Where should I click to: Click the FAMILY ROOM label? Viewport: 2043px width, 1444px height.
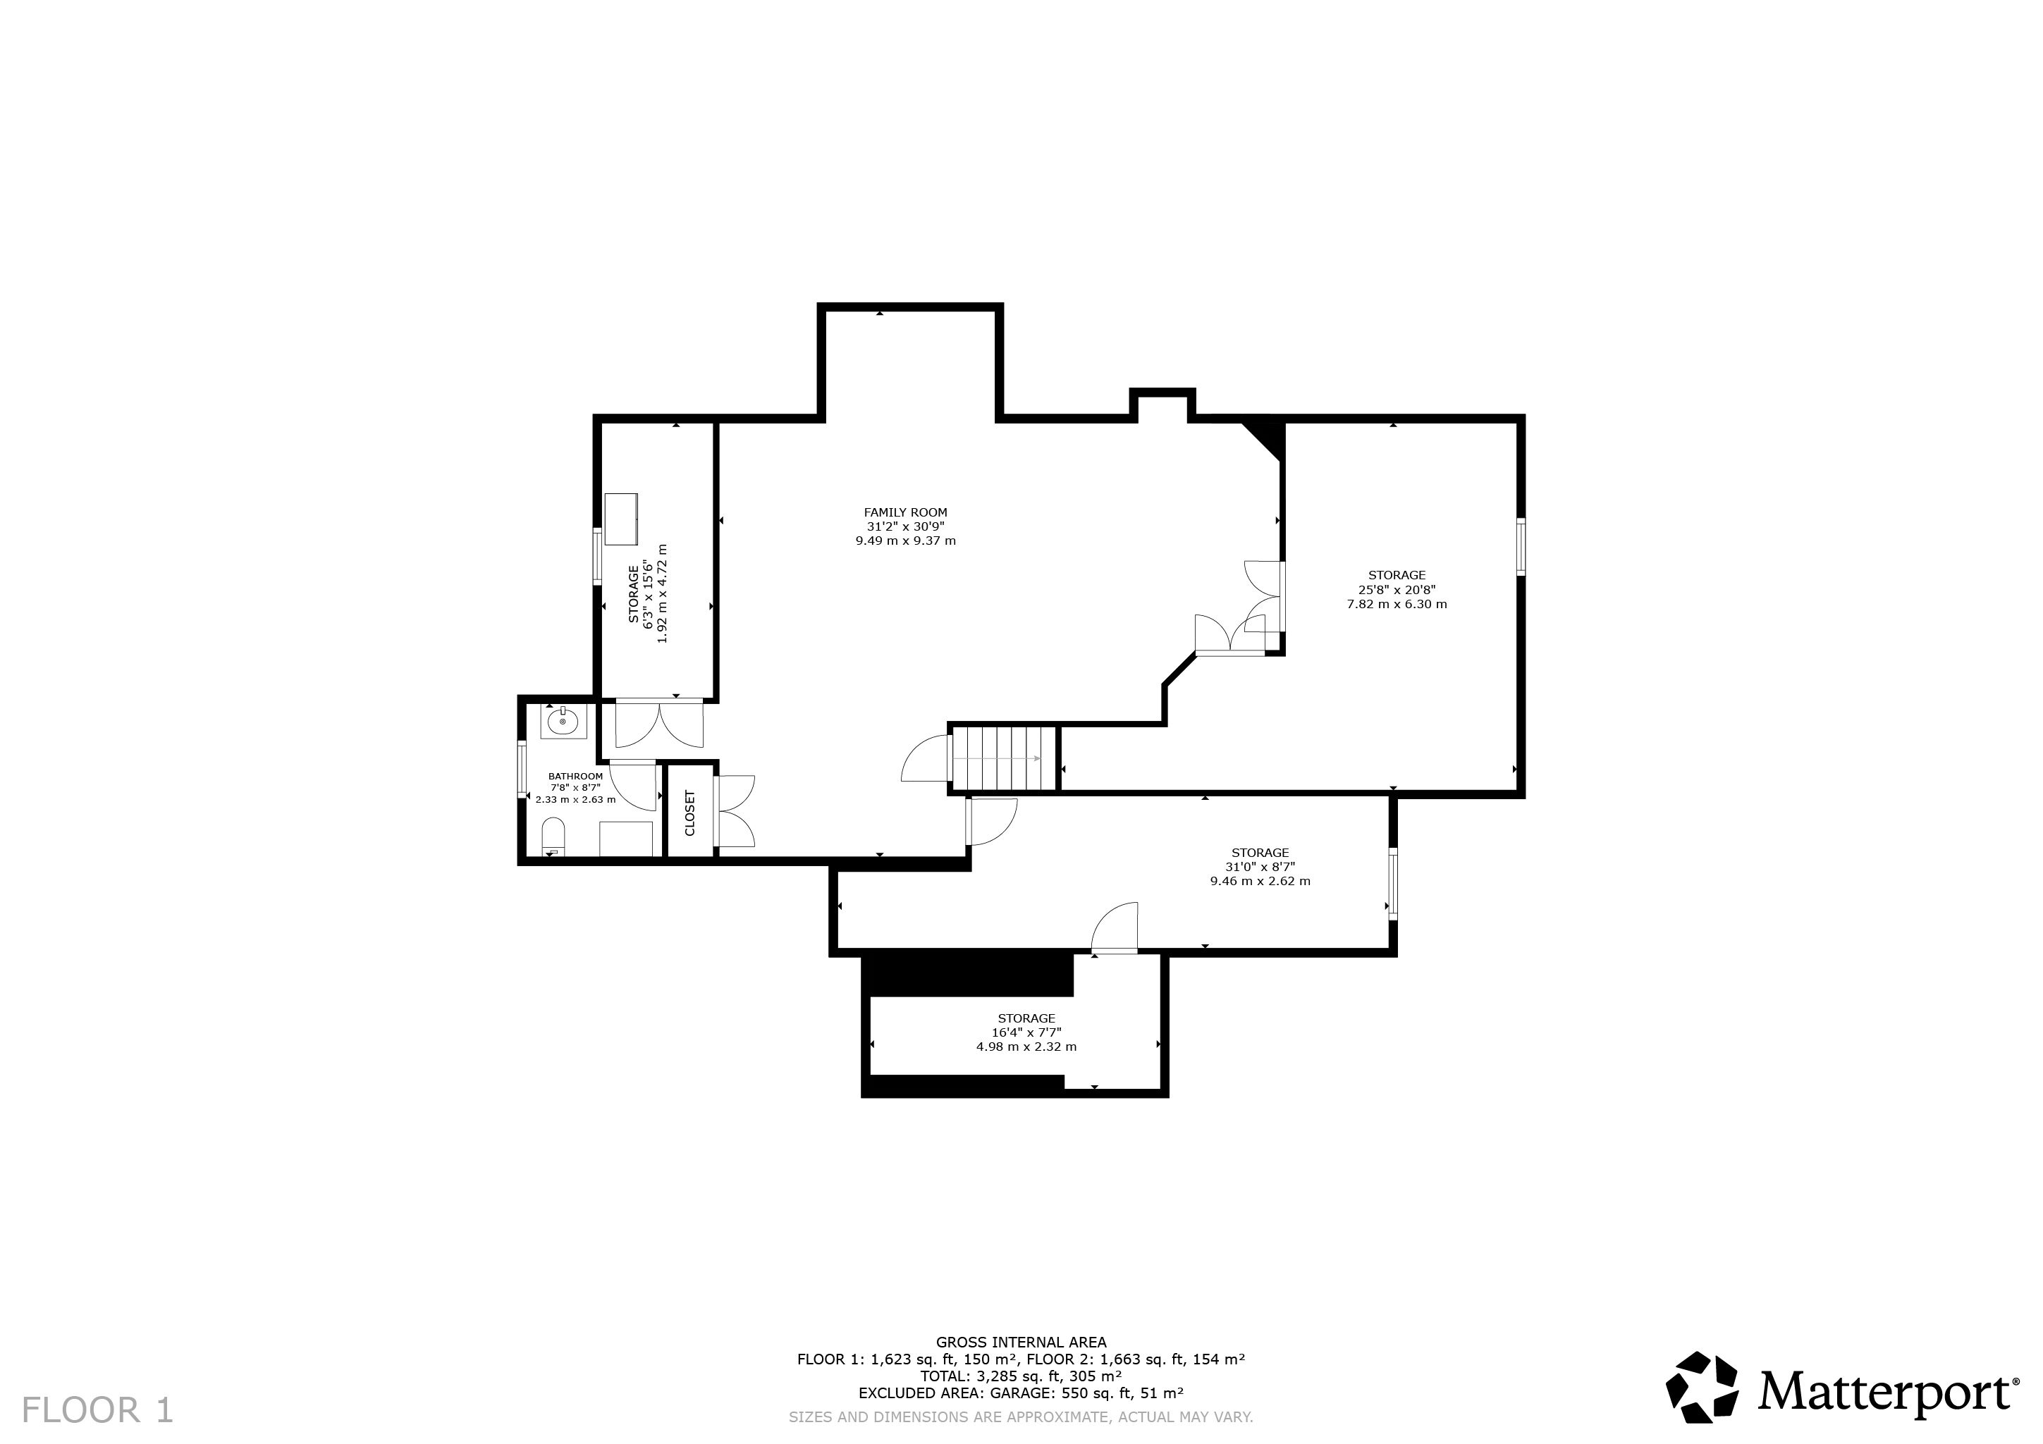pyautogui.click(x=905, y=512)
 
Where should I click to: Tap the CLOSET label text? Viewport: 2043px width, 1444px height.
pyautogui.click(x=689, y=813)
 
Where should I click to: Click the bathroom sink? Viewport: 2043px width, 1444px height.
pyautogui.click(x=563, y=721)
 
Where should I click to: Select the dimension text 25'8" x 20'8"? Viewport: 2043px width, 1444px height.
pyautogui.click(x=1397, y=590)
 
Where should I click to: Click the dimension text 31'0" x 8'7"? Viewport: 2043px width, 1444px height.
pyautogui.click(x=1260, y=868)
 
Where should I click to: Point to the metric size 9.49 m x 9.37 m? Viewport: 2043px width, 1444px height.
pyautogui.click(x=906, y=541)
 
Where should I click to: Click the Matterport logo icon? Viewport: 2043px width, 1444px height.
pyautogui.click(x=1703, y=1387)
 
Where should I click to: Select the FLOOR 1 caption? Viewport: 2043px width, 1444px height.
pyautogui.click(x=98, y=1410)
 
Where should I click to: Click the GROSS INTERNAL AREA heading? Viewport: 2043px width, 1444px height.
pyautogui.click(x=1022, y=1343)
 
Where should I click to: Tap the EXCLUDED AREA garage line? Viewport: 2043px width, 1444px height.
pyautogui.click(x=1022, y=1393)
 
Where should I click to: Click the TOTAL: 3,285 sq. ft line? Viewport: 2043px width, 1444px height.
pyautogui.click(x=1022, y=1376)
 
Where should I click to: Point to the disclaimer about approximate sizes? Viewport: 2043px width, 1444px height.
pyautogui.click(x=1022, y=1417)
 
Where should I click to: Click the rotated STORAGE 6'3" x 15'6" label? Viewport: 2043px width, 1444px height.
pyautogui.click(x=647, y=593)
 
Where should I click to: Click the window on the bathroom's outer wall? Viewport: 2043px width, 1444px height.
pyautogui.click(x=522, y=767)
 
